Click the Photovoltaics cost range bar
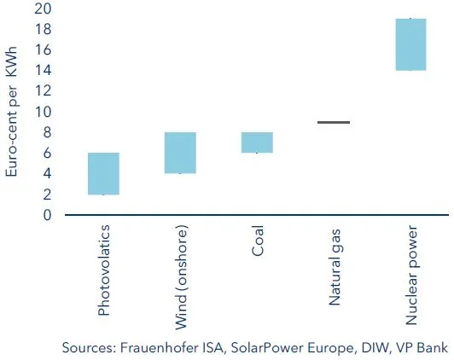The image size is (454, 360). click(104, 174)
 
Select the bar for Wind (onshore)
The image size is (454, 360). click(181, 153)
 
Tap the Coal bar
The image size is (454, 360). click(258, 142)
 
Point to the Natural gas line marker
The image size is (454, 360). click(334, 123)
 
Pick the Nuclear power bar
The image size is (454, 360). click(410, 44)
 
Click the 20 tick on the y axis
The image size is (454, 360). click(43, 9)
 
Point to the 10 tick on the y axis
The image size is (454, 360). click(43, 112)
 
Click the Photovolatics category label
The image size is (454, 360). click(104, 270)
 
